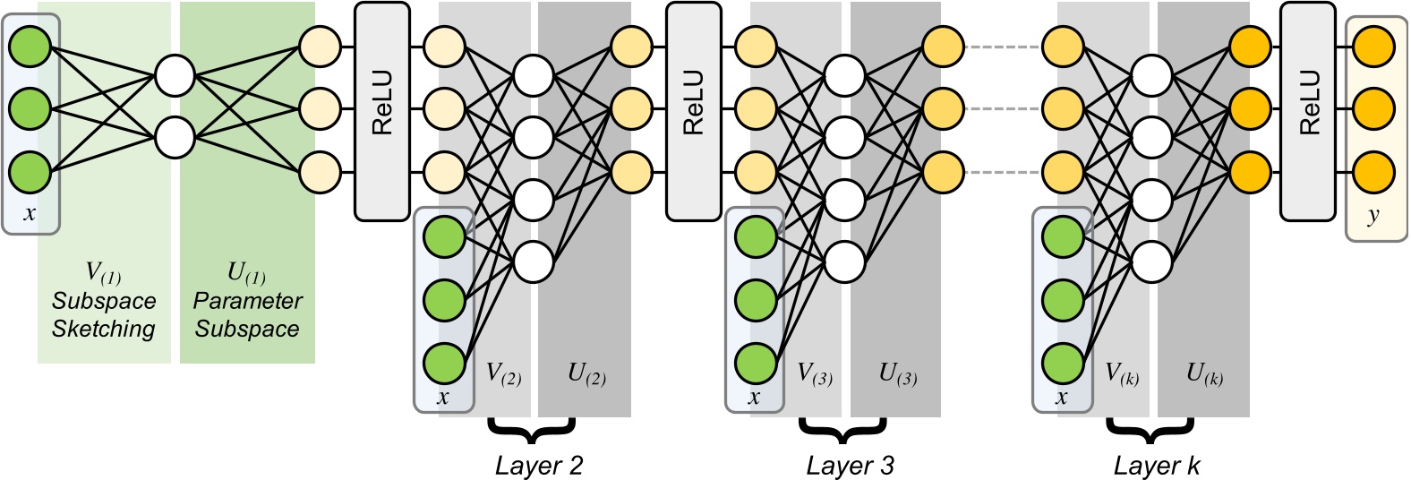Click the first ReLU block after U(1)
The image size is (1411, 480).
382,111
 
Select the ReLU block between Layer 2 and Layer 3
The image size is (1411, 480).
693,111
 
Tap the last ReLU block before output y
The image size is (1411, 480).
1307,111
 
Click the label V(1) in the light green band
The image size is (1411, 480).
104,273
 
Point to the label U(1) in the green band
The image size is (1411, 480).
247,273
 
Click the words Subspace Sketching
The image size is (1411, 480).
104,315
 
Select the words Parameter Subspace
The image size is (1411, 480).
247,315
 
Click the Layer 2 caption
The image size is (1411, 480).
539,466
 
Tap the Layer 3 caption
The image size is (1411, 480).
850,466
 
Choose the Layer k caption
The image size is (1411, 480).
1157,466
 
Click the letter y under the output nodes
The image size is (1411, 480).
1373,215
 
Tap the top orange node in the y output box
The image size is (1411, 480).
1374,47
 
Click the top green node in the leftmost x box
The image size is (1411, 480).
30,47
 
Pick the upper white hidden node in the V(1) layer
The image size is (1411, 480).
175,76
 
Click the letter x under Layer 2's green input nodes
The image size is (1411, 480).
442,397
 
